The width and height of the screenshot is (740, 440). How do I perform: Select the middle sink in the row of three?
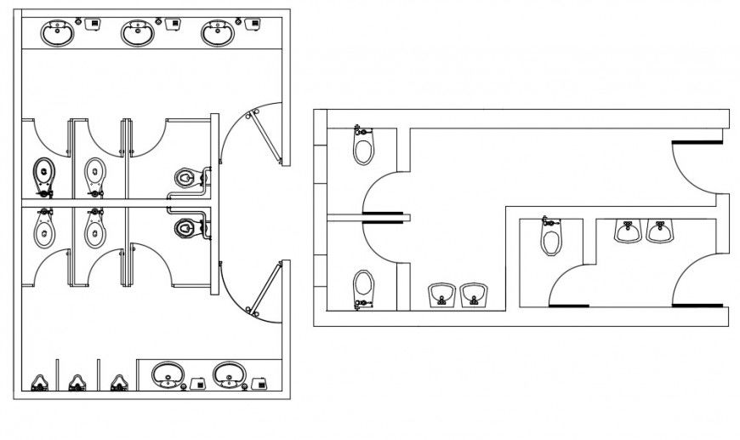pos(137,34)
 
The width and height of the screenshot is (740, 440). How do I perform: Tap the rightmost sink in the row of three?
pos(217,34)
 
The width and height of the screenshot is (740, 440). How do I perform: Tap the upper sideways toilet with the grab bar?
pos(187,177)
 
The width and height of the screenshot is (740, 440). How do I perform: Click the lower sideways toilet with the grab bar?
pos(187,228)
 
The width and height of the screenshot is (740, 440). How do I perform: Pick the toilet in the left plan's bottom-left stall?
pos(43,229)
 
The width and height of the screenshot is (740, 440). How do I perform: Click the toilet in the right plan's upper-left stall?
pos(363,148)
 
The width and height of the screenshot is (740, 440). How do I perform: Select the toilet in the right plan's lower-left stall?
pos(363,286)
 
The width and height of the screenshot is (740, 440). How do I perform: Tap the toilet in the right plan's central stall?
pos(551,237)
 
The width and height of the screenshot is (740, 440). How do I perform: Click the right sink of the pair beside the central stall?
pos(659,231)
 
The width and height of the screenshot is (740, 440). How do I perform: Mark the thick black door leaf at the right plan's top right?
pos(697,142)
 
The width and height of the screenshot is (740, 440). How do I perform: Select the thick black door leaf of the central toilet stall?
pos(569,304)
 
